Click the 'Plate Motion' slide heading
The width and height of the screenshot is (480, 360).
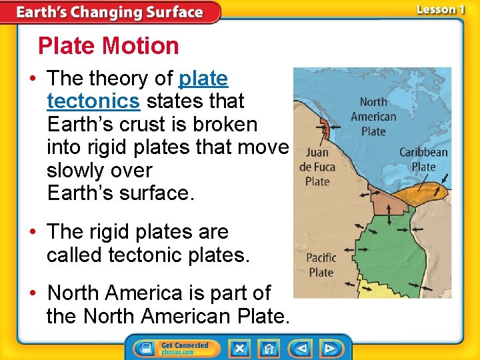pos(109,46)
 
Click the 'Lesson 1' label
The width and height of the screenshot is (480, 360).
pos(441,9)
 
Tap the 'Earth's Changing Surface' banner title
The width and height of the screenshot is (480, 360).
pos(109,12)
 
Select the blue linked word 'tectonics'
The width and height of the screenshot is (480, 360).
pos(93,101)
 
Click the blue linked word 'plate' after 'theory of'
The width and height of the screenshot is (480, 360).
pos(203,79)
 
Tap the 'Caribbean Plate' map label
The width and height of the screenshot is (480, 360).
pos(423,159)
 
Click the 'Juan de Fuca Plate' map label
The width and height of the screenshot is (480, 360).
pos(317,167)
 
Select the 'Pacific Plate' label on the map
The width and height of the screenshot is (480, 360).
pos(321,265)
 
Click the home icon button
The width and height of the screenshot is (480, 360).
pos(269,348)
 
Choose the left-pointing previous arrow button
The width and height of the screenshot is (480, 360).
pos(301,348)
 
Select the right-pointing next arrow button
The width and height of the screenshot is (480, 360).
pos(329,348)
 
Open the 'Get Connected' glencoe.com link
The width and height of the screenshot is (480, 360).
pos(185,348)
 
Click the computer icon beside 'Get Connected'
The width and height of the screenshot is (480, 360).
pos(145,348)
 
